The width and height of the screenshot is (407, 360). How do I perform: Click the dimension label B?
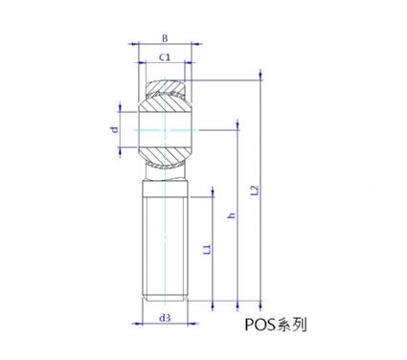point(165,38)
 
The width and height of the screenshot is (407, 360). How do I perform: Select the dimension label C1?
point(165,57)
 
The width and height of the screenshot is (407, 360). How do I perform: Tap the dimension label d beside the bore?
point(115,129)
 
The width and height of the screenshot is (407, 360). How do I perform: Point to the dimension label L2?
point(255,190)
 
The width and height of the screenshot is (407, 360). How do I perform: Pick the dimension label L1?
point(208,249)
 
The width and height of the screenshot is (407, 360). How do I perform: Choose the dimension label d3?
point(165,318)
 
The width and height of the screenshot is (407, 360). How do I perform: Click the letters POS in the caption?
point(260,325)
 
